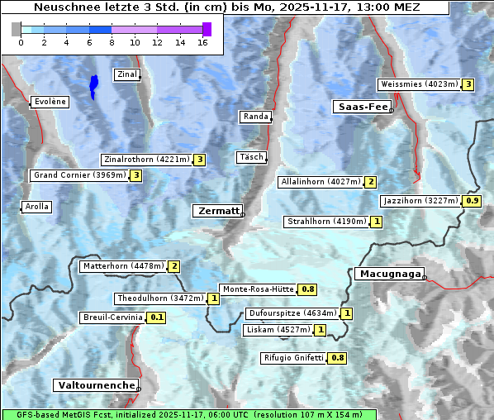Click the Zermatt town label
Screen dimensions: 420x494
tap(218, 211)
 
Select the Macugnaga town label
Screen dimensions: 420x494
tap(388, 274)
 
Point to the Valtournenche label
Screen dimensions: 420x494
tap(96, 385)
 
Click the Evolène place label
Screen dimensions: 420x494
tap(49, 102)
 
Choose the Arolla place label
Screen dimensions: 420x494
tap(37, 207)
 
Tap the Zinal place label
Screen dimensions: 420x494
tap(127, 74)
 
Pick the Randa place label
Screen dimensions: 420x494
tap(255, 117)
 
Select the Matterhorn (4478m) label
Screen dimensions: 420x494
tap(122, 266)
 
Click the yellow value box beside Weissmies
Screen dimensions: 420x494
tap(468, 84)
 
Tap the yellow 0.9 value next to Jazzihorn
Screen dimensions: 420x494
tap(473, 201)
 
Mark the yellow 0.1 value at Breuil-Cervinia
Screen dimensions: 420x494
tap(156, 317)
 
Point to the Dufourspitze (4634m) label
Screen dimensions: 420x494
tap(292, 313)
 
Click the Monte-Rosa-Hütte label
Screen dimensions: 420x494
tap(258, 289)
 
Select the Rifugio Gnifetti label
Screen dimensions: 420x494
tap(293, 358)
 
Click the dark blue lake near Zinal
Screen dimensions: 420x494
tap(94, 86)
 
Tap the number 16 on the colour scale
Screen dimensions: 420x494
tap(202, 42)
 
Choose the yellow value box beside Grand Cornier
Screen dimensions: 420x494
tap(136, 175)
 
